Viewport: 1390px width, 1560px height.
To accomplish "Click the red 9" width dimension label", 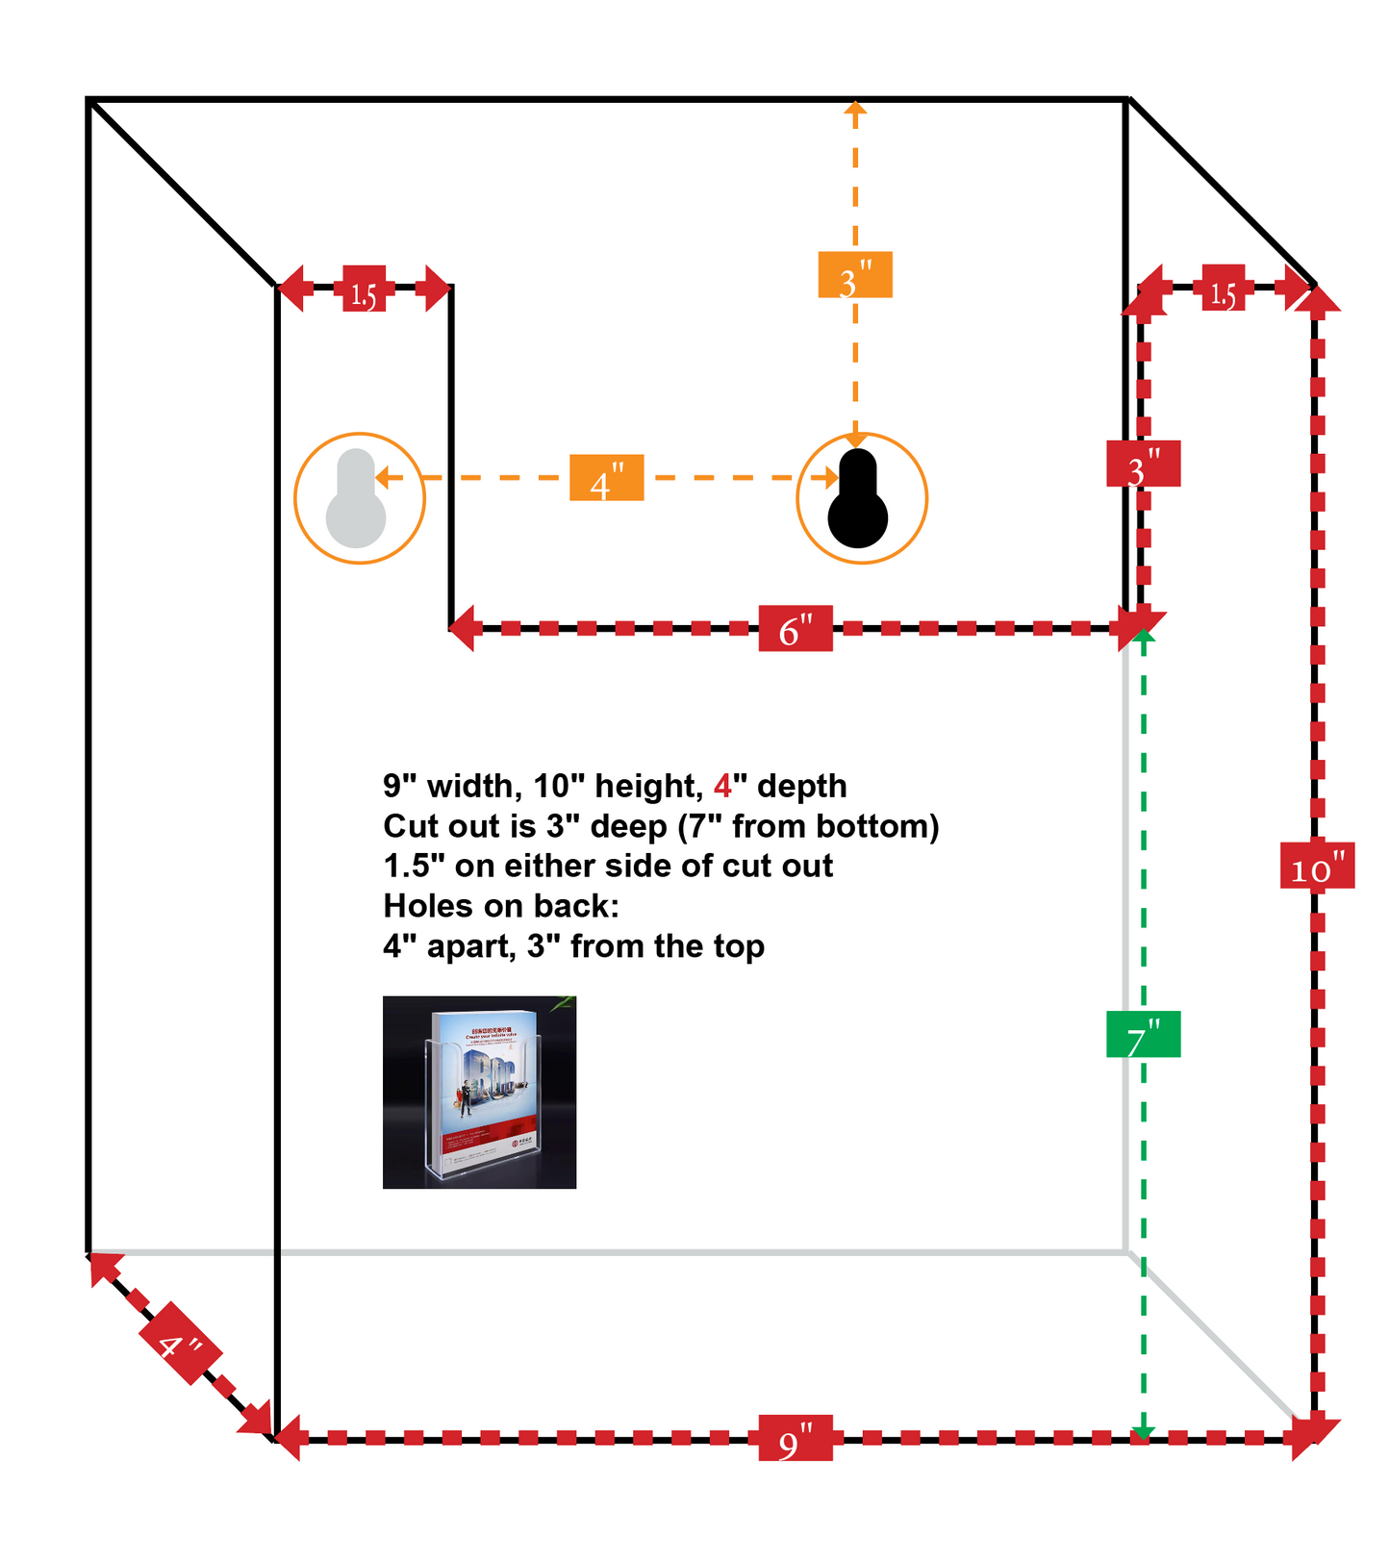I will tap(795, 1438).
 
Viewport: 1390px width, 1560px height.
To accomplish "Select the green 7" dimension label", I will tap(1143, 1035).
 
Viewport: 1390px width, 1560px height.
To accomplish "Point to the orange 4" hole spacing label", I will tap(606, 478).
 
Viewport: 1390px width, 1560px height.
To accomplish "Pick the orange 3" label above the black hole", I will tap(854, 275).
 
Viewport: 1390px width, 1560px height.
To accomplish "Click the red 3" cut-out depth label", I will tap(1143, 465).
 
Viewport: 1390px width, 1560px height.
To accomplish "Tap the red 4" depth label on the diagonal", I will tap(180, 1344).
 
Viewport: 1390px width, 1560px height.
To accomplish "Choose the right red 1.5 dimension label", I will tap(1223, 289).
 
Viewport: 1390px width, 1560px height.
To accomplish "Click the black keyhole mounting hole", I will tap(858, 499).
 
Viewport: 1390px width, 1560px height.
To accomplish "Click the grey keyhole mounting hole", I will tap(356, 499).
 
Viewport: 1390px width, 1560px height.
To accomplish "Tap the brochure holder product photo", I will tap(479, 1092).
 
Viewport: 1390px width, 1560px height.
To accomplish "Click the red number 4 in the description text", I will tap(722, 786).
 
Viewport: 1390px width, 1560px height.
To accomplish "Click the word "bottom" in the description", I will tap(876, 826).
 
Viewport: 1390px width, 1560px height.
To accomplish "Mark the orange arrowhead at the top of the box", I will tap(854, 108).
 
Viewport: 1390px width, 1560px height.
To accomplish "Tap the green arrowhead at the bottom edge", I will tap(1143, 1433).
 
